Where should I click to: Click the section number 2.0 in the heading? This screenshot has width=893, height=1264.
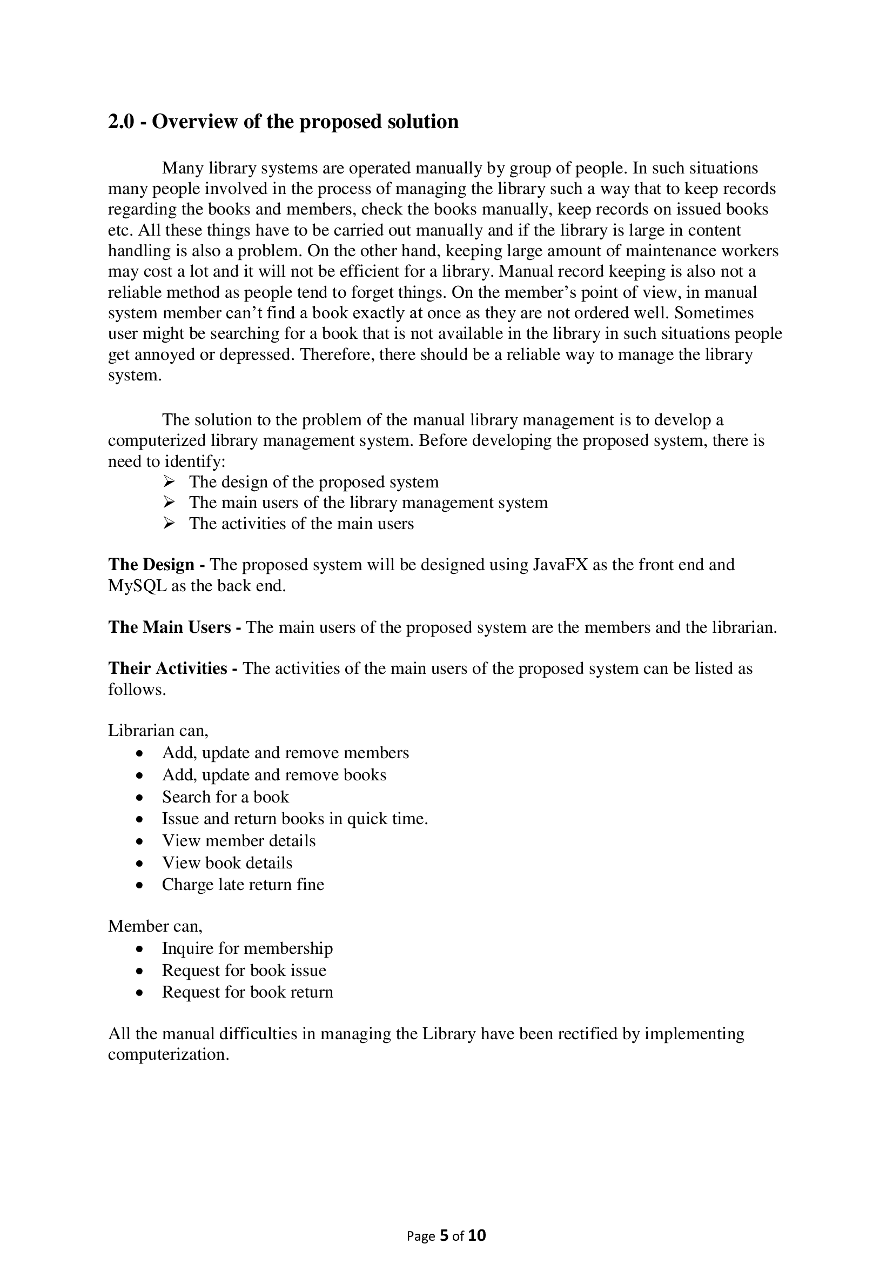[121, 122]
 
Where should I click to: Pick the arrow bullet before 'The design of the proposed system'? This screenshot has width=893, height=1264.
[169, 481]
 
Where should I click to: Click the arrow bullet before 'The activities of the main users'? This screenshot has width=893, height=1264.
[169, 523]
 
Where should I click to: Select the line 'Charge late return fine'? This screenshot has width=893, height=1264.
[243, 885]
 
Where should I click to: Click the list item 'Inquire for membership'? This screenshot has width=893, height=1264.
[247, 948]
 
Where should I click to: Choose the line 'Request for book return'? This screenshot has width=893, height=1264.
[247, 992]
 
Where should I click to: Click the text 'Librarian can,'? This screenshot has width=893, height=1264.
[158, 731]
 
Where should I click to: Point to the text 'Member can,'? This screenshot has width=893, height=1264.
[155, 927]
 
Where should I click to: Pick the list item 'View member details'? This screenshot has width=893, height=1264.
[238, 841]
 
